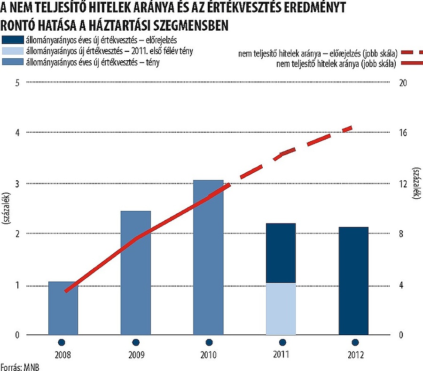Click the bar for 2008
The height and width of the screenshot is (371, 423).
click(x=63, y=308)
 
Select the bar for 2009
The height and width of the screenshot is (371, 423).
click(x=136, y=273)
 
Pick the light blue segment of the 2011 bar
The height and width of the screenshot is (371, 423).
click(x=281, y=309)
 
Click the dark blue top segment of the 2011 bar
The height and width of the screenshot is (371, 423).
click(x=281, y=253)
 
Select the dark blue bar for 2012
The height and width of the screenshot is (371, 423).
click(x=353, y=281)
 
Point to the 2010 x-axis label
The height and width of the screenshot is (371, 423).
click(x=208, y=355)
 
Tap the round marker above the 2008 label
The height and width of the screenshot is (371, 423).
click(x=61, y=342)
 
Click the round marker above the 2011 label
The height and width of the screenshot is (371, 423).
click(x=282, y=342)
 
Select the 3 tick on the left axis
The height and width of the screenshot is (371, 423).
click(x=17, y=184)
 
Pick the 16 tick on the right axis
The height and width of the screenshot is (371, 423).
click(x=402, y=133)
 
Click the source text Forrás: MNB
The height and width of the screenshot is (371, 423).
click(x=19, y=367)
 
